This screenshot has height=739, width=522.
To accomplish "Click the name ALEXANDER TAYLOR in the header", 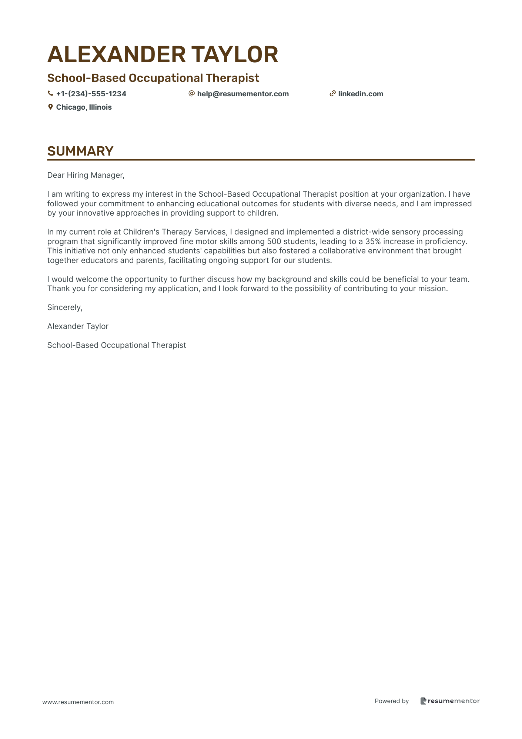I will point(163,54).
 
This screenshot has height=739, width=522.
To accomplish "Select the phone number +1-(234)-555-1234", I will point(91,94).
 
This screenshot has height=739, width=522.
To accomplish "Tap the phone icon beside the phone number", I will point(50,94).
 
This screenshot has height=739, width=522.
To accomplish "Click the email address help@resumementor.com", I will point(243,94).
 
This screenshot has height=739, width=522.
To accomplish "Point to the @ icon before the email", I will point(191,94).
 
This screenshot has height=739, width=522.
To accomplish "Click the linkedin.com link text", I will point(361,94).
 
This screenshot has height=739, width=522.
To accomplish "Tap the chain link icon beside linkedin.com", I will point(332,94).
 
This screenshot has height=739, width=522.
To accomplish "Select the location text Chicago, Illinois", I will point(84,107).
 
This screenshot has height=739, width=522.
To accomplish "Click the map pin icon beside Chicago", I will point(50,107).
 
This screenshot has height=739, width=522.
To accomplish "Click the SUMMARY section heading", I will point(80,151).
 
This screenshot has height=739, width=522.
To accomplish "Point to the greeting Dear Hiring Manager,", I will point(86,175).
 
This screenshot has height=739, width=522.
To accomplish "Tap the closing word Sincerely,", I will point(65,307).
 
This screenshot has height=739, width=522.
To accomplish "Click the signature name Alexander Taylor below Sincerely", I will point(78,326).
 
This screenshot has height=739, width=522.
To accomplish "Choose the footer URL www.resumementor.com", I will point(78,702).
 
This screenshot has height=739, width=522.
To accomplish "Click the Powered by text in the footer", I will point(392,701).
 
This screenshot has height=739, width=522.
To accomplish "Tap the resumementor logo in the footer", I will point(450,701).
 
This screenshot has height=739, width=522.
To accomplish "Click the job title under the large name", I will point(153,78).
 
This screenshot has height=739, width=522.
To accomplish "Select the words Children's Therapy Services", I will point(175,232).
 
